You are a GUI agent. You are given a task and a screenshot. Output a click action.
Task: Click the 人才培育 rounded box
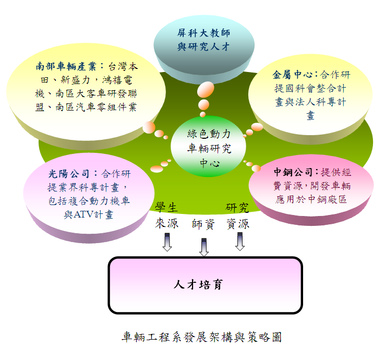(205, 285)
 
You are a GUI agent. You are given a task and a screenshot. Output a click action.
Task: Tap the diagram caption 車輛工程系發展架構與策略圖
(201, 337)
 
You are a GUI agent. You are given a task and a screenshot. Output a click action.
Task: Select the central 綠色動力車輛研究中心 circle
(208, 147)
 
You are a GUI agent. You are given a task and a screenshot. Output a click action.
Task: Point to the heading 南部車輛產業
(66, 66)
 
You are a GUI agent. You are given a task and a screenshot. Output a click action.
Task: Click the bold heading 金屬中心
(293, 75)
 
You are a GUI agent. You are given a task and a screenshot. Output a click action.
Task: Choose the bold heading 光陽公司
(69, 174)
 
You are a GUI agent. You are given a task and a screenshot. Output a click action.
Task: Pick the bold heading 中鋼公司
(293, 172)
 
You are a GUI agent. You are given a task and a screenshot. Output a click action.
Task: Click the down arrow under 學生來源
(167, 242)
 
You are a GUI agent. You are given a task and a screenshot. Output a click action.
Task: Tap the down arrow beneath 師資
(204, 247)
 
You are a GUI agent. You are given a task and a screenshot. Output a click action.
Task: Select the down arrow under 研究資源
(240, 242)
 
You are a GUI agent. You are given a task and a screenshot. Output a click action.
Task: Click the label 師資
(203, 224)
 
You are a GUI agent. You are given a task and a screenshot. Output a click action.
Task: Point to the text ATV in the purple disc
(83, 214)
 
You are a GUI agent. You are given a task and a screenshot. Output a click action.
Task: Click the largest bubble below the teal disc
(206, 89)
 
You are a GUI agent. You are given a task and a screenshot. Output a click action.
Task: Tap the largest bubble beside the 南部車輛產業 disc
(149, 127)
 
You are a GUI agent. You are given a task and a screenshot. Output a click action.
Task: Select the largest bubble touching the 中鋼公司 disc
(256, 168)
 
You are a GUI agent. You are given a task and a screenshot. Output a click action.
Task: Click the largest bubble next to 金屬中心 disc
(257, 127)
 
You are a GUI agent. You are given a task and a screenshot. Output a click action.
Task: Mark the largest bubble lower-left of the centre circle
(157, 169)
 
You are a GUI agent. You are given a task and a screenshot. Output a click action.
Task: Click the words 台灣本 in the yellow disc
(123, 66)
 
